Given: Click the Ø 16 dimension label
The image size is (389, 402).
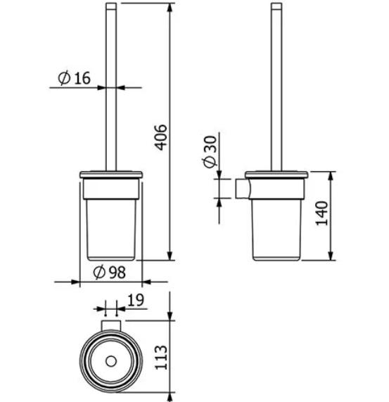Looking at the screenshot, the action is tap(75, 78).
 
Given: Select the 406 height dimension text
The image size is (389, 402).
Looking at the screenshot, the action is tap(161, 137).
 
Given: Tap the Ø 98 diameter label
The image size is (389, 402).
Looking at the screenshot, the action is tap(109, 272).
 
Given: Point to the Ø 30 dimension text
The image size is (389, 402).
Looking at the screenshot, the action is tap(210, 152).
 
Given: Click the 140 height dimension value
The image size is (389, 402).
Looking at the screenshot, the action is tap(321, 213).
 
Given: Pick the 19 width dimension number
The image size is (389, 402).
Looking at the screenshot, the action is tap(136, 300).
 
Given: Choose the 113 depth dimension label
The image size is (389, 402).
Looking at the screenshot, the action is tap(161, 358).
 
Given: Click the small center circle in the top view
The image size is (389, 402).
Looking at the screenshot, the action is tap(111, 361).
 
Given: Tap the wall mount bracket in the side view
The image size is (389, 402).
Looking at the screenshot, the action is tap(243, 189).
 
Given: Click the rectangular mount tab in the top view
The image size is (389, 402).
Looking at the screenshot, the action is tap(111, 325).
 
